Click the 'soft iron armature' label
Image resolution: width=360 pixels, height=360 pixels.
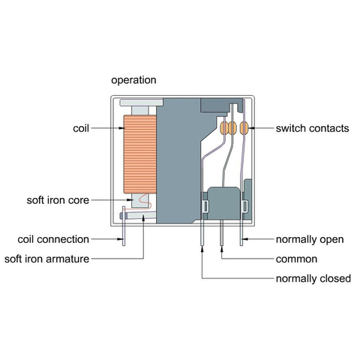pos(57,259)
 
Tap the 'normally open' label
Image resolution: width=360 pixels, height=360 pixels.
pos(310,240)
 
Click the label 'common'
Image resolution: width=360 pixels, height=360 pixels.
pos(296,259)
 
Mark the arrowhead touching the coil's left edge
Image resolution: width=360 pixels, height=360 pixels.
pos(118,128)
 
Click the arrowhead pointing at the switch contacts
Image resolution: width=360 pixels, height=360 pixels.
pos(252,128)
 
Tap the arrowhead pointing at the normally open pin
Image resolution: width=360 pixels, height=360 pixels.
pos(247,240)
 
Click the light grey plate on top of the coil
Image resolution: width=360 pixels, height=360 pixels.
pos(140,102)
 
